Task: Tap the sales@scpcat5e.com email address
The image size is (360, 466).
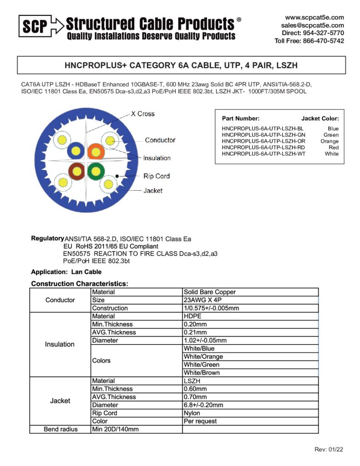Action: (312, 25)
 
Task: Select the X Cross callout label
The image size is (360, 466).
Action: (142, 114)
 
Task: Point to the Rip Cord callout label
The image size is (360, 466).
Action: (156, 176)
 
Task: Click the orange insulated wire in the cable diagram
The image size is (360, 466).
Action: (96, 150)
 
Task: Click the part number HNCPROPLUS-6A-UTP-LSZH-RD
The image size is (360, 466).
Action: (264, 147)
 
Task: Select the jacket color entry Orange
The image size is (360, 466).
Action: (330, 141)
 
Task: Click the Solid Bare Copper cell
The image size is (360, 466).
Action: (210, 292)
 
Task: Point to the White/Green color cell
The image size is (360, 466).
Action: (202, 365)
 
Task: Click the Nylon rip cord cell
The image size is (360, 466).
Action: (192, 413)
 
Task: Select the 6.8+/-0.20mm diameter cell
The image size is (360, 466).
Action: (203, 405)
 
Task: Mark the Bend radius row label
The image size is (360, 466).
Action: (61, 429)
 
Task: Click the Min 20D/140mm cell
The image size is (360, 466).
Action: (115, 429)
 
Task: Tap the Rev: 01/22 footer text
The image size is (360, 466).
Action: (329, 450)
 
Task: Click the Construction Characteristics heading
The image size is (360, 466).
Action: (80, 284)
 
